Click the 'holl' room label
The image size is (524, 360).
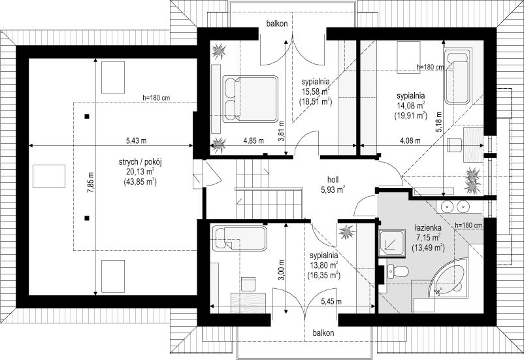click(x=333, y=180)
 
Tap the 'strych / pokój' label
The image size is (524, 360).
click(x=140, y=163)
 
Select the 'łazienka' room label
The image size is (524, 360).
click(x=428, y=227)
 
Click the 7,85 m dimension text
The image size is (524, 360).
click(x=91, y=180)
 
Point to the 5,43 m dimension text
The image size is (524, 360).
click(x=136, y=140)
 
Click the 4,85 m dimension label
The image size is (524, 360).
click(x=254, y=140)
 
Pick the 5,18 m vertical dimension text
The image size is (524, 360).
click(x=438, y=122)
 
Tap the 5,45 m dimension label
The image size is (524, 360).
click(x=331, y=301)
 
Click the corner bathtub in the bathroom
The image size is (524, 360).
click(x=449, y=278)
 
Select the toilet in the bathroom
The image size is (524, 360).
click(x=398, y=270)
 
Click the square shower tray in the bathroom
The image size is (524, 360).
click(x=392, y=243)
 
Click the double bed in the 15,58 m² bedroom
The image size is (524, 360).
click(x=250, y=99)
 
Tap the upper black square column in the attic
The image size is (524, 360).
click(x=87, y=116)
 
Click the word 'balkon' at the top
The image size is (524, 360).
click(x=277, y=24)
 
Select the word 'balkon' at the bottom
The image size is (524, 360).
click(x=323, y=333)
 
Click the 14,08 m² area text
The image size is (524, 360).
click(x=411, y=106)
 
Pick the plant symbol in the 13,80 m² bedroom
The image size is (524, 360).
click(x=346, y=232)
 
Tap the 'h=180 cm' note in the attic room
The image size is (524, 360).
click(x=156, y=98)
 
